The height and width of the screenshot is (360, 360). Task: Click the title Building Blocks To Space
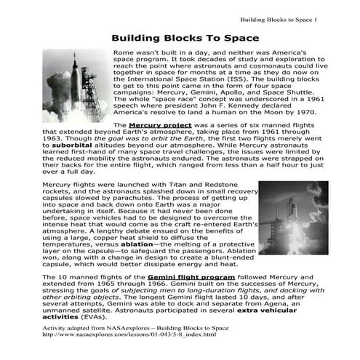coord(185,38)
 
